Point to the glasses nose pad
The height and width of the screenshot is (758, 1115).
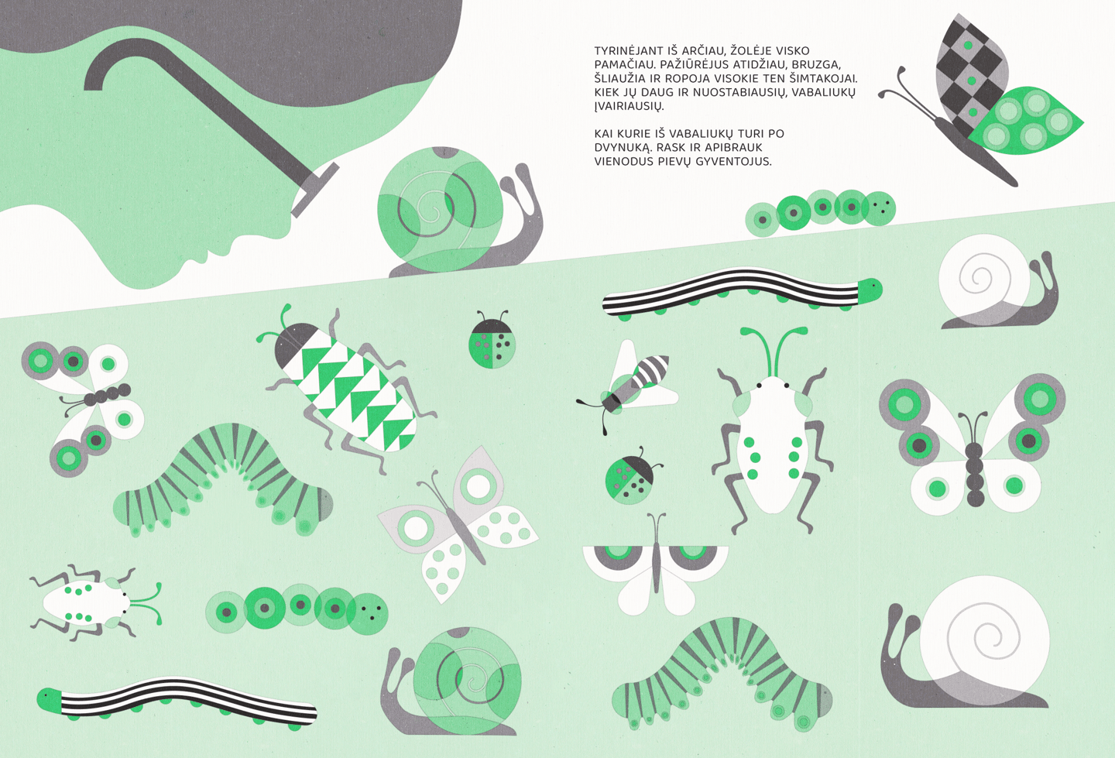[x=314, y=190]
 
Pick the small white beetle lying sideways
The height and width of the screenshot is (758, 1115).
[x=94, y=602]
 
